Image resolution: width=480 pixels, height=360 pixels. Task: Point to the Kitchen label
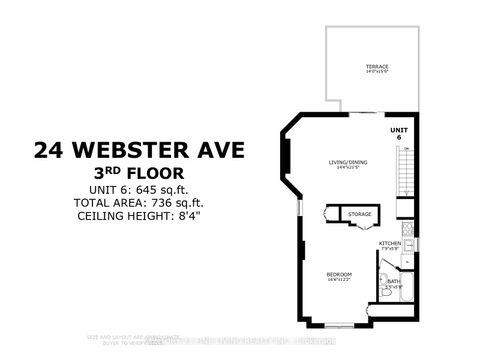(x=390, y=244)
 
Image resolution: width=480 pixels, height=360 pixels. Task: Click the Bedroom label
(x=337, y=276)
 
